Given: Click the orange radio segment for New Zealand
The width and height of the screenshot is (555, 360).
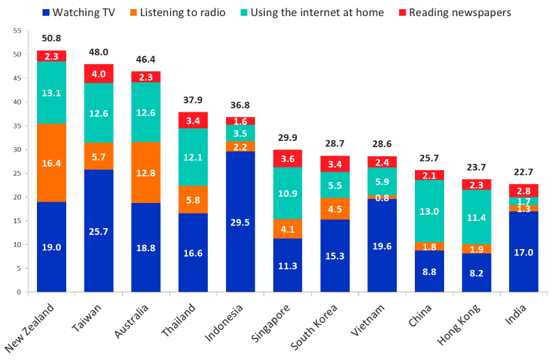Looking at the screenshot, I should coord(52,163).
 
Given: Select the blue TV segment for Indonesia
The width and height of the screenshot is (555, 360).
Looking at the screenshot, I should coord(241,221).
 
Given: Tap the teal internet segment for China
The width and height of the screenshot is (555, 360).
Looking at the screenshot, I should coord(429,211).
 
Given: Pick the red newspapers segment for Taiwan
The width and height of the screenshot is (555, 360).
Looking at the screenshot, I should coord(99,74).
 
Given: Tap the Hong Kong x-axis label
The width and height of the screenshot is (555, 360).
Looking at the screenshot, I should coord(459,325).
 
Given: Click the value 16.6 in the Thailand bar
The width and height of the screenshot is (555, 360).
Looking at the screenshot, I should coord(193,253).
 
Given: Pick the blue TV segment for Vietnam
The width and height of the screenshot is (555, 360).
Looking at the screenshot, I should coord(382,245).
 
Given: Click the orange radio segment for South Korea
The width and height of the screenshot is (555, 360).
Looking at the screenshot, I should coord(335,209).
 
